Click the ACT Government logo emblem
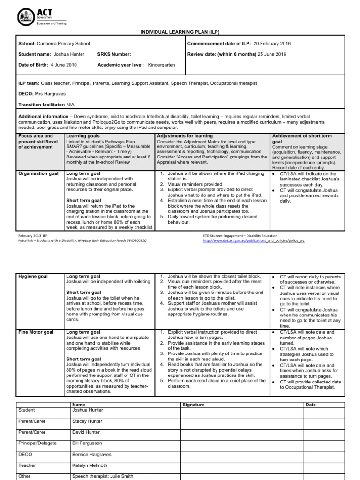pyautogui.click(x=25, y=17)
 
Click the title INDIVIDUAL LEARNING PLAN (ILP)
pyautogui.click(x=180, y=32)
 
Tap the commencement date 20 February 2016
pyautogui.click(x=272, y=44)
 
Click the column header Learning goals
pyautogui.click(x=83, y=136)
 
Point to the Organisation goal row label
pyautogui.click(x=38, y=173)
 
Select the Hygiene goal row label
pyautogui.click(x=33, y=277)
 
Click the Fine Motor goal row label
pyautogui.click(x=36, y=332)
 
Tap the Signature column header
pyautogui.click(x=193, y=405)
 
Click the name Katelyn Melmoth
pyautogui.click(x=90, y=465)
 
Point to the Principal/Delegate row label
pyautogui.click(x=37, y=443)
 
